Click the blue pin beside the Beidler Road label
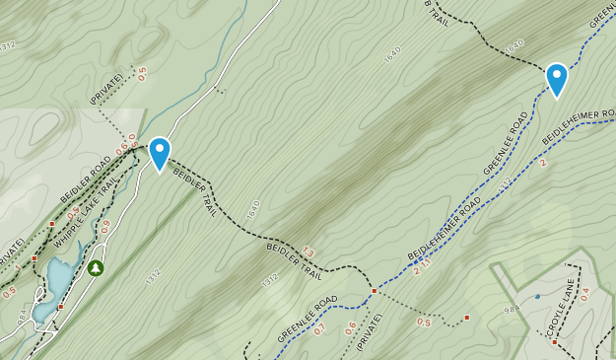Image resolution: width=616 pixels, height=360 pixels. click(x=159, y=154)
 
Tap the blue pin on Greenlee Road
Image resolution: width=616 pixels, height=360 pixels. click(x=557, y=79)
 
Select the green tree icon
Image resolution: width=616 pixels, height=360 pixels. click(x=96, y=267)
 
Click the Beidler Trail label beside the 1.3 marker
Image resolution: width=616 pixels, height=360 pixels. click(x=295, y=260)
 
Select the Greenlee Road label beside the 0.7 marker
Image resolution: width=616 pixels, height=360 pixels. click(x=307, y=319)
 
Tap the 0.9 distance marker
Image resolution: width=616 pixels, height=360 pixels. click(x=105, y=226)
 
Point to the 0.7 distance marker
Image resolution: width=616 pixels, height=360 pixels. click(x=318, y=327)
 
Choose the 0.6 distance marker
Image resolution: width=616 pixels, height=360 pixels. click(x=351, y=327)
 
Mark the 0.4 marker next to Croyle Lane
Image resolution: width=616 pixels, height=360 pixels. click(x=584, y=294)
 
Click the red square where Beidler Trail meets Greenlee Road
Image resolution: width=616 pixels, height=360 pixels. click(x=375, y=291)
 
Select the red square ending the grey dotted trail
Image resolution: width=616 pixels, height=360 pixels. click(x=466, y=318)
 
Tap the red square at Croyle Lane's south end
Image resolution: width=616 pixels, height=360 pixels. click(x=554, y=342)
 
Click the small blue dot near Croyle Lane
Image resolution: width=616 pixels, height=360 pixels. click(x=537, y=296)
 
